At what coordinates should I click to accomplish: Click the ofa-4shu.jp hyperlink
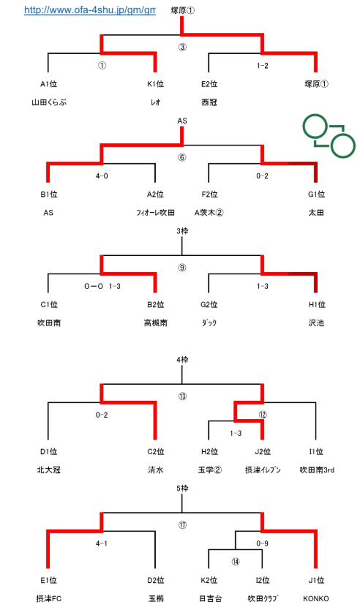90,10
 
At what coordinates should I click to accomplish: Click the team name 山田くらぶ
49,102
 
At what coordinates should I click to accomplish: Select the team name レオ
155,102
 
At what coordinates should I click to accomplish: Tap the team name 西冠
209,102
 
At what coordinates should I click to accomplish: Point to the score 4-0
102,176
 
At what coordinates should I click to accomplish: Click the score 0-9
262,543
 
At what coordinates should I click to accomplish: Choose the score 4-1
102,543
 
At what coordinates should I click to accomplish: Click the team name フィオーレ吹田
155,213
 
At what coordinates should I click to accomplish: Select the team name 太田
316,213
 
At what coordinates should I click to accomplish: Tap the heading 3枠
182,231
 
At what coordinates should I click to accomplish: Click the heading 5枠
182,489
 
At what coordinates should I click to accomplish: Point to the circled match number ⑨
182,268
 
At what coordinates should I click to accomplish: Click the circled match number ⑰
182,525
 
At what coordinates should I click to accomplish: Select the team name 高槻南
155,323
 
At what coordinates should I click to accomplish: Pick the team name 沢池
316,323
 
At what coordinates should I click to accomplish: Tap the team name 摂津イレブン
263,470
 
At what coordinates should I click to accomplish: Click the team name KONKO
316,598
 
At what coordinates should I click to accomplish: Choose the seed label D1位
48,451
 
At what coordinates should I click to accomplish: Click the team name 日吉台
211,598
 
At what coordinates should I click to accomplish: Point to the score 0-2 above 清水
102,415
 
